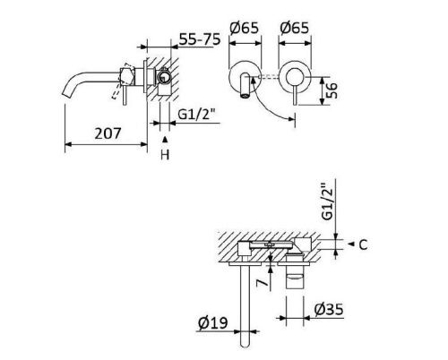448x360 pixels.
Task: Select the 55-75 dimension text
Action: pyautogui.click(x=197, y=40)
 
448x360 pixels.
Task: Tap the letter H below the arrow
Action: pyautogui.click(x=164, y=155)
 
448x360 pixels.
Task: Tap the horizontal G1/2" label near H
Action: pyautogui.click(x=195, y=116)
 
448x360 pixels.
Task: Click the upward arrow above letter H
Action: pyautogui.click(x=164, y=141)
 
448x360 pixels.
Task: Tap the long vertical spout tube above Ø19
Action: pyautogui.click(x=243, y=304)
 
